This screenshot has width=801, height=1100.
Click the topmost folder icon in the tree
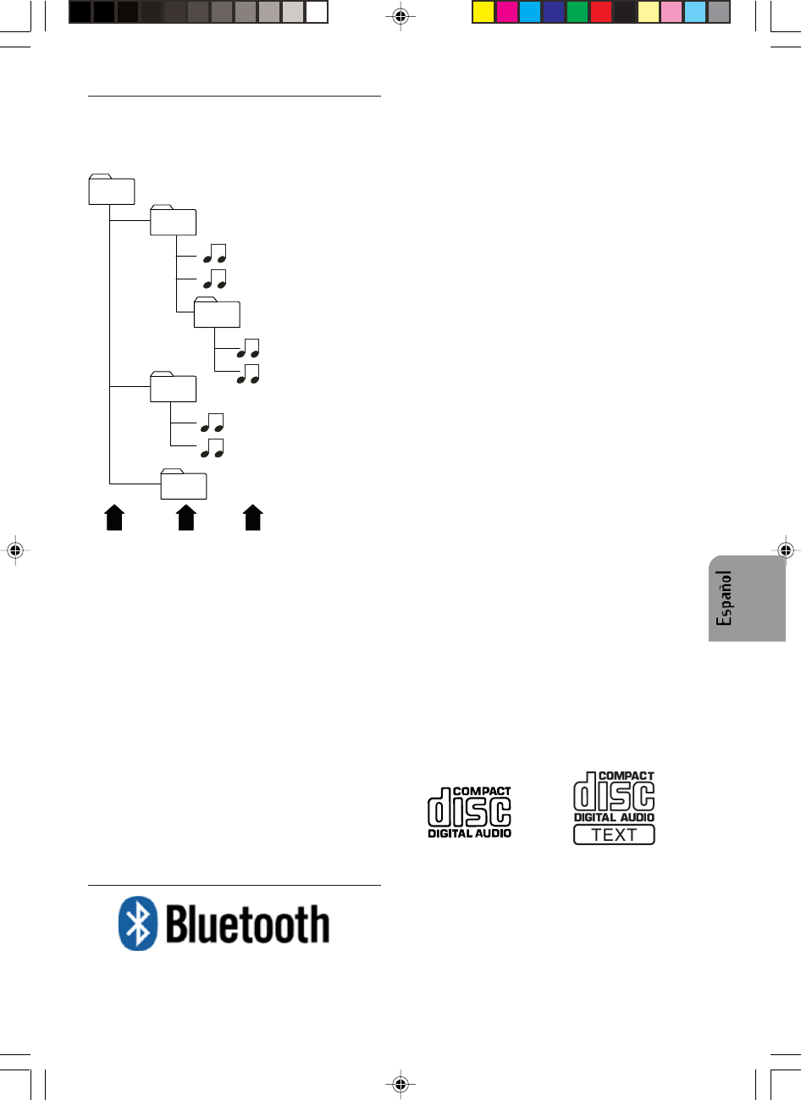click(112, 190)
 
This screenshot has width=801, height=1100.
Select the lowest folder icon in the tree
click(184, 484)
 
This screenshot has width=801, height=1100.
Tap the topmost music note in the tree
click(214, 253)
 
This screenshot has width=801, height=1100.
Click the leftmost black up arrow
click(114, 517)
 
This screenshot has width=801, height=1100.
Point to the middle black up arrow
click(186, 517)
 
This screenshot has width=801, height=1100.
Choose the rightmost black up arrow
click(252, 517)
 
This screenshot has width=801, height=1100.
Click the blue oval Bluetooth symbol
click(137, 923)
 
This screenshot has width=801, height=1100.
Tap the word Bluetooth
click(247, 924)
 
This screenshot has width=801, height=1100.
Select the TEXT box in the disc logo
click(614, 835)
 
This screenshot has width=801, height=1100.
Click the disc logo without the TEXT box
click(469, 812)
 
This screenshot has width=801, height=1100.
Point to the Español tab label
click(724, 598)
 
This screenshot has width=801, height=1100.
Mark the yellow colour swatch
click(483, 12)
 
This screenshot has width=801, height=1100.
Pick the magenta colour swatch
click(507, 12)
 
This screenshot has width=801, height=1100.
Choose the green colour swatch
click(577, 12)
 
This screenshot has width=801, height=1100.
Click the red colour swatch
click(601, 12)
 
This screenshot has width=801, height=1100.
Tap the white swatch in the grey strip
click(317, 12)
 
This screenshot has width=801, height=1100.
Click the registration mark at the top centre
click(401, 16)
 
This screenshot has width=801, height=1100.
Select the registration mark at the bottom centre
click(401, 1083)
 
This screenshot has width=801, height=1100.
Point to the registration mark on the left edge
click(14, 550)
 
